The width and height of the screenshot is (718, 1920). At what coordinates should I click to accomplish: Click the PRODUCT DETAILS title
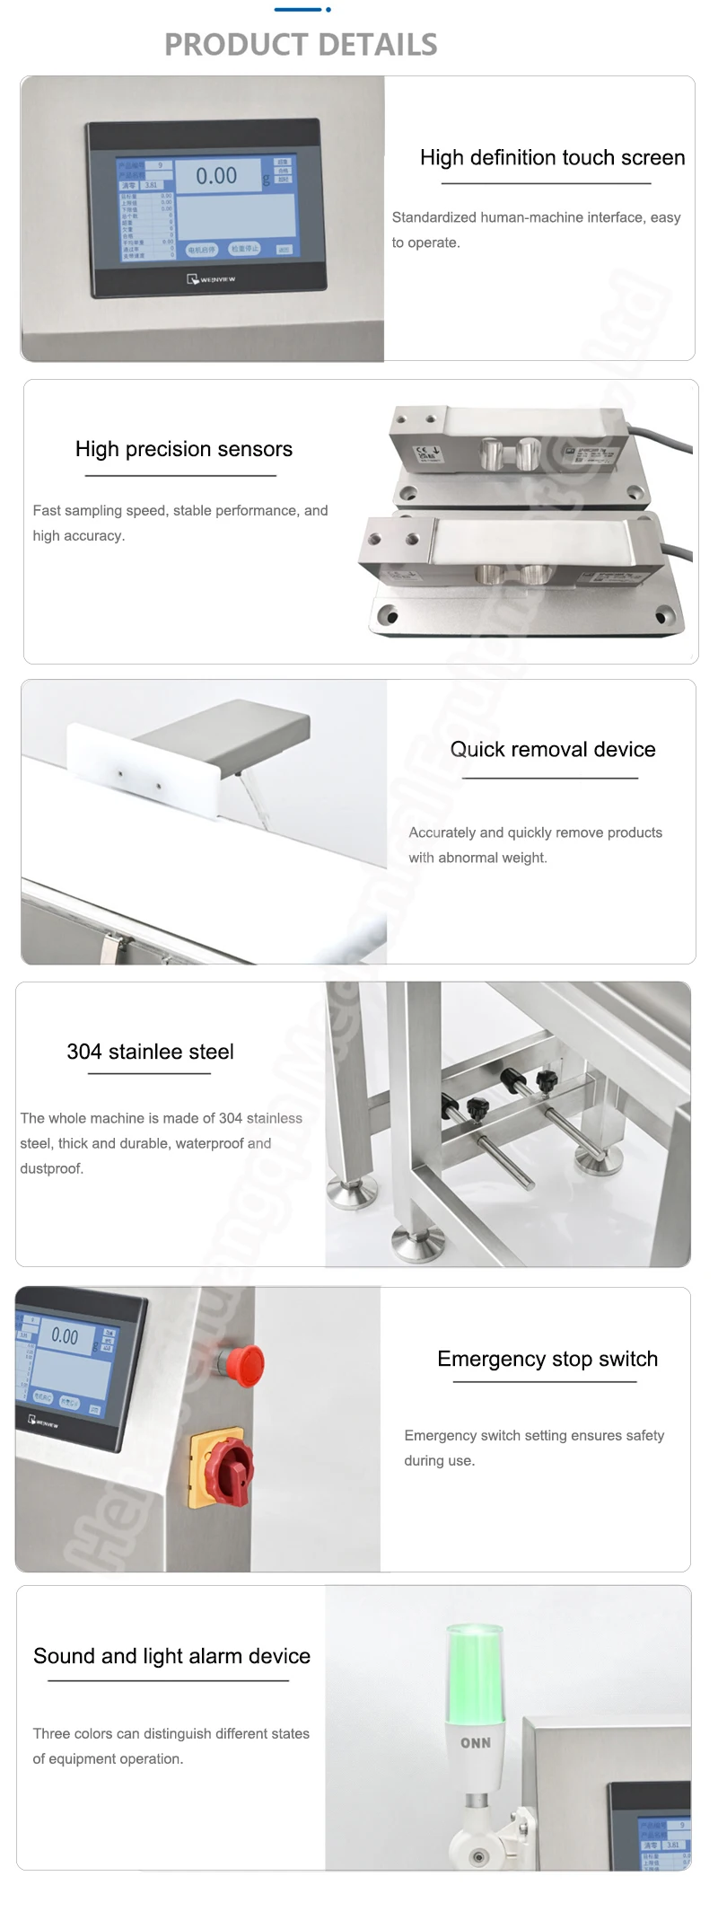click(x=301, y=44)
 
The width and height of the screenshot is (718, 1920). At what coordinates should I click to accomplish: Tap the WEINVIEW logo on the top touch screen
click(x=212, y=279)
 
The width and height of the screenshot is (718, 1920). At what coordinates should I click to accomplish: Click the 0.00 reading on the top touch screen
click(x=216, y=176)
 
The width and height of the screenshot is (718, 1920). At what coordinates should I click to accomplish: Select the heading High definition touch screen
click(x=552, y=158)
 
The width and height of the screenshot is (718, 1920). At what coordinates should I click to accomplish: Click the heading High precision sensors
click(x=184, y=449)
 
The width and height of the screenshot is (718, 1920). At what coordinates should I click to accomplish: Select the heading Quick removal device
click(x=552, y=749)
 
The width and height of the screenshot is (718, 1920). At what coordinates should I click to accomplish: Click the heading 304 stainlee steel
click(x=150, y=1052)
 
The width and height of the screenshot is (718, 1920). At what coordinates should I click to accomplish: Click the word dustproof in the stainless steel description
click(x=51, y=1168)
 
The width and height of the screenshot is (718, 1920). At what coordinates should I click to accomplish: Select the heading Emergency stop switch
click(x=547, y=1359)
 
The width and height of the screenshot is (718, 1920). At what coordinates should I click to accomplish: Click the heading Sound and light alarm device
click(x=171, y=1656)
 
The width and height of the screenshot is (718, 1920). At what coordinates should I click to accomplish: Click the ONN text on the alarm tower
click(x=476, y=1743)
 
